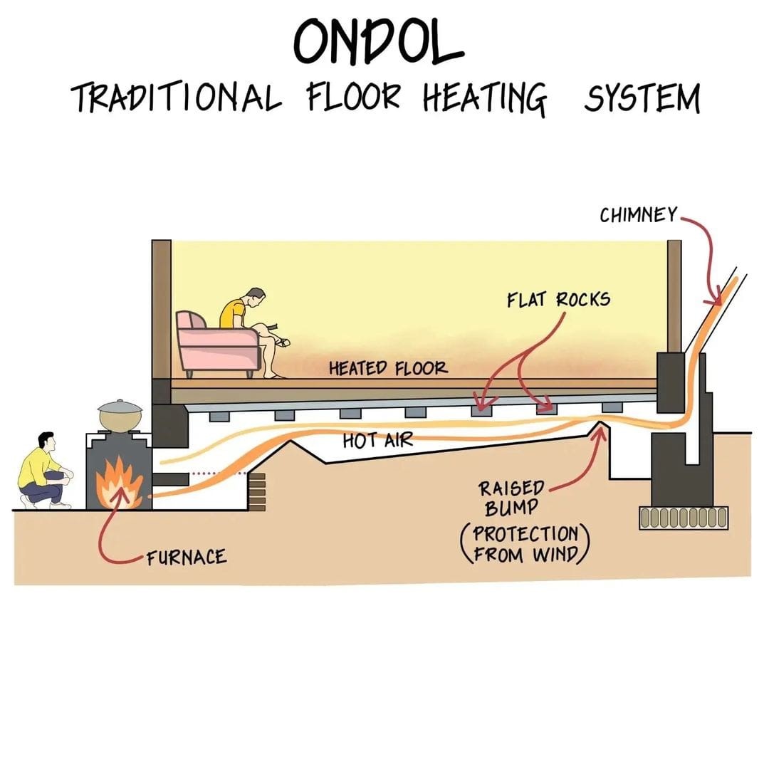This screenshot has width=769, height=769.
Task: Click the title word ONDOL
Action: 380,44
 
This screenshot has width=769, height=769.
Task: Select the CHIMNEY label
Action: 637,215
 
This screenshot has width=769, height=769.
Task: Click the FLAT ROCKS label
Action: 558,300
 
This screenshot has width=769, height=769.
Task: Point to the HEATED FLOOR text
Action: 388,368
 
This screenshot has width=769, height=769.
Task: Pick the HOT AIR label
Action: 377,440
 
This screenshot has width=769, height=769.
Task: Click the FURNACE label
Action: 187,557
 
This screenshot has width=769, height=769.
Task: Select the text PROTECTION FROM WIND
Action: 527,543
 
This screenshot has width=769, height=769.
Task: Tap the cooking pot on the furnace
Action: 120,414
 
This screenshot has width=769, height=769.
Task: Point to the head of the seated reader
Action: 254,297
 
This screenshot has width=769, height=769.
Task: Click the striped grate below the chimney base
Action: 684,518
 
